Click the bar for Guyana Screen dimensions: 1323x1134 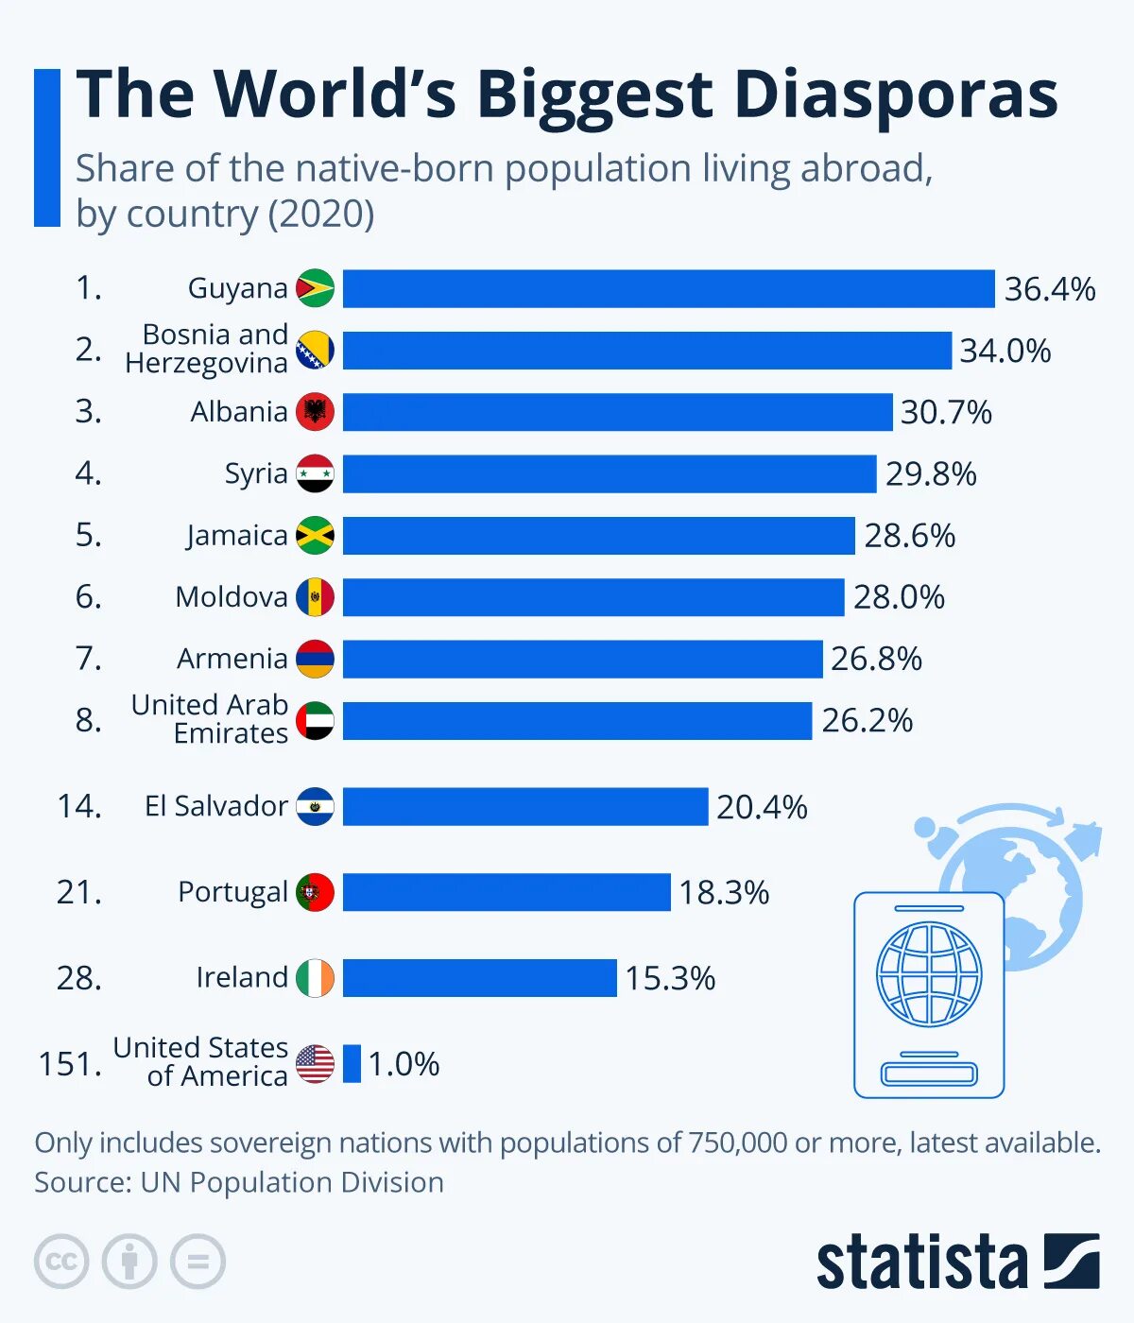pos(668,288)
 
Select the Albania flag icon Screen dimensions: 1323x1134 pos(315,412)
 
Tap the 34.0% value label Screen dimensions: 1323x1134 pos(1005,351)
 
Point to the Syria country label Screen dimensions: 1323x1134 pos(255,473)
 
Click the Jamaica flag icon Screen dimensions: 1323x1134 pos(315,536)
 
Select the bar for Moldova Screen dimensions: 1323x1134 pos(593,597)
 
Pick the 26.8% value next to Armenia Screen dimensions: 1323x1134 pos(876,659)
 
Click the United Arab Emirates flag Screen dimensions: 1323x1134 pos(315,721)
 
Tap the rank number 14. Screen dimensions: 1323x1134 pos(78,806)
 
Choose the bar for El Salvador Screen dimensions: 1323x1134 pos(524,807)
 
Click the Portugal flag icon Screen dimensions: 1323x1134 pos(315,892)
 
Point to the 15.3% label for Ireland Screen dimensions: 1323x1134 pos(669,978)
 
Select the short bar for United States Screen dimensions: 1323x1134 pos(352,1064)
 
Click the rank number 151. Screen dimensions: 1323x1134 pos(70,1064)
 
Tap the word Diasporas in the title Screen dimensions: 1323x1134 pos(895,94)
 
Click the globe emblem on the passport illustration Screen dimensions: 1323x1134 pos(929,974)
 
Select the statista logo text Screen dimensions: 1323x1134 pos(921,1263)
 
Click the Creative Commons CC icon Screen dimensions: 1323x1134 pos(61,1262)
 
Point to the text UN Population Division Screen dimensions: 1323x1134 pos(292,1182)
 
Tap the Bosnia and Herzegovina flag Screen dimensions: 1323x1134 pos(315,351)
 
